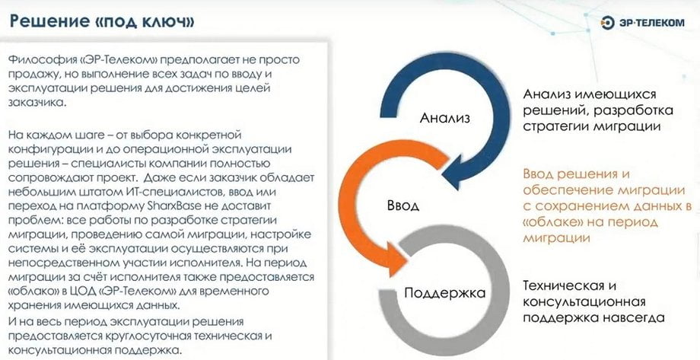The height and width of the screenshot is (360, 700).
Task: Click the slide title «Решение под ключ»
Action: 102,21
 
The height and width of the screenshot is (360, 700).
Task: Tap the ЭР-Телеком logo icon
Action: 608,23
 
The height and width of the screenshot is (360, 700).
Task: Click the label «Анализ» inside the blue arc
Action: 444,117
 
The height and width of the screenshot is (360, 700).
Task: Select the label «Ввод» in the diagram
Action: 402,205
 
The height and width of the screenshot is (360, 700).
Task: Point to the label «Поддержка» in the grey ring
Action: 444,294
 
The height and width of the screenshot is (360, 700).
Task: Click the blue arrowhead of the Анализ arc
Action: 454,170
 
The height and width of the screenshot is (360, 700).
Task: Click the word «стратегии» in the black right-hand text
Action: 555,126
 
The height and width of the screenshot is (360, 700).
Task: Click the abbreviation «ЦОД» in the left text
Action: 84,292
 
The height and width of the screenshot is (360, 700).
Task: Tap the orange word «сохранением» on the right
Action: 582,206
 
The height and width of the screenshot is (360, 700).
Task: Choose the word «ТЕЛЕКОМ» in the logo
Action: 660,23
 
